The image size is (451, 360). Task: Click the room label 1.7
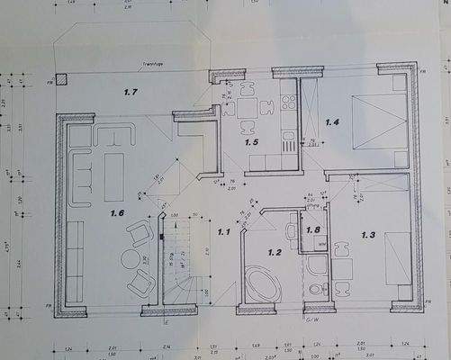click(131, 92)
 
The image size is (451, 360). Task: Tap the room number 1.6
click(117, 213)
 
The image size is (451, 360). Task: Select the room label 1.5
click(251, 142)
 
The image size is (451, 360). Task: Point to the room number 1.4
click(331, 121)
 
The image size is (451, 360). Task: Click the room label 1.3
click(368, 235)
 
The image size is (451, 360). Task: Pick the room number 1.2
click(275, 252)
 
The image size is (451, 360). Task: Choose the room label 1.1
click(223, 232)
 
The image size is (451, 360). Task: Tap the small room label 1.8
click(313, 229)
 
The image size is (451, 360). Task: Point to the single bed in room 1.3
click(397, 259)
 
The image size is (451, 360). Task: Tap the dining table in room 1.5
click(245, 109)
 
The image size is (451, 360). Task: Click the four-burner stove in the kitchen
click(289, 101)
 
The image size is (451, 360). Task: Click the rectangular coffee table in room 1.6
click(114, 177)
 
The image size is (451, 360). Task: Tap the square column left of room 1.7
click(61, 78)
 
